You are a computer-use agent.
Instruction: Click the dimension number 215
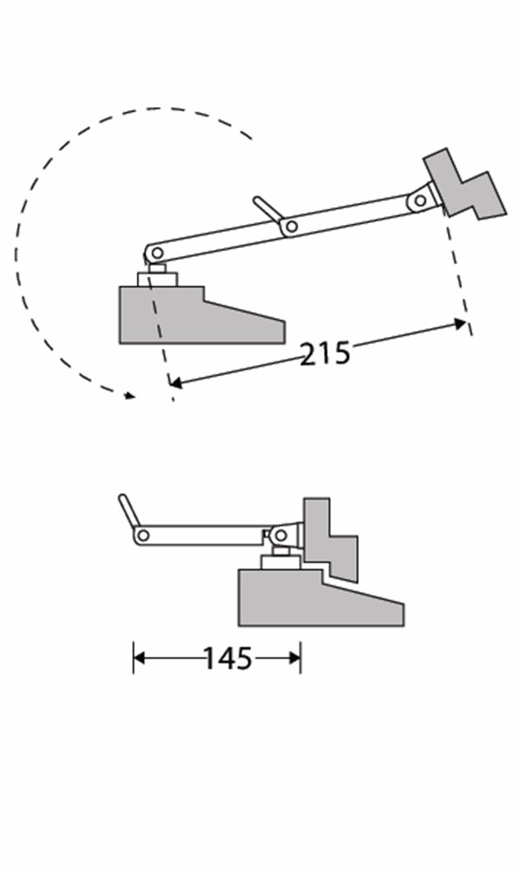[325, 354]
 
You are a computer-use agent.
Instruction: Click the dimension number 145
[228, 658]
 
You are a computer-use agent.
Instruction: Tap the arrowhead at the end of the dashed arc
[130, 395]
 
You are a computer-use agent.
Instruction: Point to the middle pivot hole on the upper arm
[291, 226]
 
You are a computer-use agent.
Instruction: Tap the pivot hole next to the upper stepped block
[420, 200]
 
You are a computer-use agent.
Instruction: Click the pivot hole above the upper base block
[158, 253]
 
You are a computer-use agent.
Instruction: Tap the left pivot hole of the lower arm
[143, 536]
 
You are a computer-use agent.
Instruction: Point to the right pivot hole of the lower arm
[281, 536]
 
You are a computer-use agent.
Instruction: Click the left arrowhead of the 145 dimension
[139, 658]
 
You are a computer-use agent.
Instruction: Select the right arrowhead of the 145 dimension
[295, 658]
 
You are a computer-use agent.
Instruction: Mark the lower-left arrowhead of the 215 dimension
[176, 382]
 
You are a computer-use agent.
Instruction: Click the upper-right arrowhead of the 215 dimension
[460, 324]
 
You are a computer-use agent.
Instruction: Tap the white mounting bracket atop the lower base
[281, 562]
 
